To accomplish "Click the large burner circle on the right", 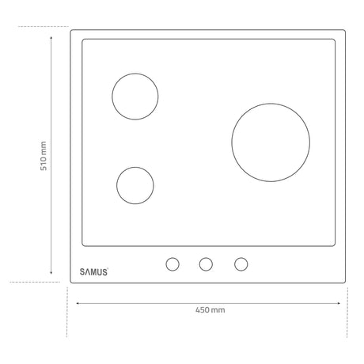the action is pos(232,142).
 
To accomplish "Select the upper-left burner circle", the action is pos(112,97).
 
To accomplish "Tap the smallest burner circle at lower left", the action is pos(116,185).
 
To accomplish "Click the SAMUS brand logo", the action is pos(94,271).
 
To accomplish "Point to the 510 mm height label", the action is pos(44,156).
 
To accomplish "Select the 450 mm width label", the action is pos(210,309).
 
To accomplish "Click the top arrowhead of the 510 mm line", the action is pos(51,37).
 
